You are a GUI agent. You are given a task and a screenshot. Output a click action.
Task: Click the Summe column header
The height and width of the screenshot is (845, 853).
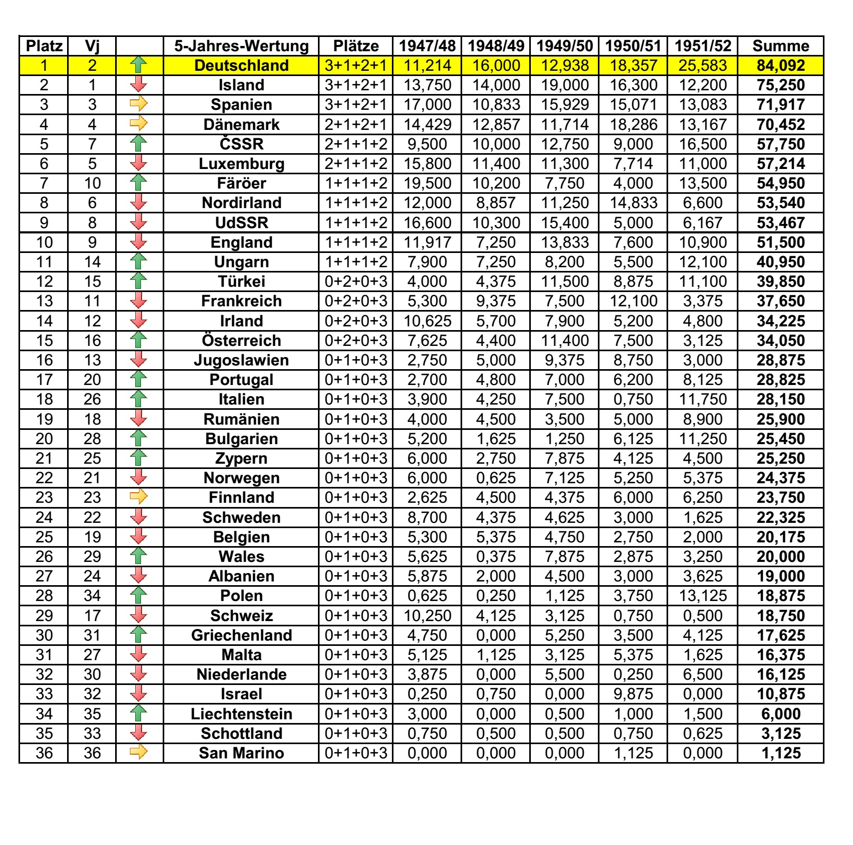(780, 46)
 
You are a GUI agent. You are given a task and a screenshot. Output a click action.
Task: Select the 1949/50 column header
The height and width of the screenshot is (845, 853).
(564, 46)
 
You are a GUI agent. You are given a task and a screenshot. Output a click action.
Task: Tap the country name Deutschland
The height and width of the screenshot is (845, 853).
(241, 65)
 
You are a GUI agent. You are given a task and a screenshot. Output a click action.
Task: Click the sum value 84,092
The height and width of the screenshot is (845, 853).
(780, 65)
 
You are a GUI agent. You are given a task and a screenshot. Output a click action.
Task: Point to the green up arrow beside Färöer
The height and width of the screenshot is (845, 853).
(138, 183)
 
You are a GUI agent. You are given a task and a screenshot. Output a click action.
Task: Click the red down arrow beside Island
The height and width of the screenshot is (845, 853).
(138, 85)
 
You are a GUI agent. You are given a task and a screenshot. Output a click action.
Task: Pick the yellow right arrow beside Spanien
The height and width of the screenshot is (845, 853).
(138, 105)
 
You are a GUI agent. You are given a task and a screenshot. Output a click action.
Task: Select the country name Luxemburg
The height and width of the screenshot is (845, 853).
(241, 164)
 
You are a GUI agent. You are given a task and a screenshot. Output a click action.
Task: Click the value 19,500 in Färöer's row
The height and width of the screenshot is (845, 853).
(427, 183)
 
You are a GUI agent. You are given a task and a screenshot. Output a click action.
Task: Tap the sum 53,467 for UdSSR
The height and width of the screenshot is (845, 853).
(780, 223)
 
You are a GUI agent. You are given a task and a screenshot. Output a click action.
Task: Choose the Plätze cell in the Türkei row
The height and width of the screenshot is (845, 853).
(355, 281)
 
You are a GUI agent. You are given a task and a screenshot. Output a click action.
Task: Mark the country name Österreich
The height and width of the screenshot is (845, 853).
(241, 341)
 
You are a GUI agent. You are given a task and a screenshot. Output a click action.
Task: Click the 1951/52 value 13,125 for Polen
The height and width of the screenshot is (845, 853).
(702, 596)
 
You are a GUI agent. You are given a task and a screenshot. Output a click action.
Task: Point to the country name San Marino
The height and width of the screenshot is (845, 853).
(241, 753)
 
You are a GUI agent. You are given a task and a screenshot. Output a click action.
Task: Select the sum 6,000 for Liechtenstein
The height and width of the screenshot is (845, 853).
(780, 714)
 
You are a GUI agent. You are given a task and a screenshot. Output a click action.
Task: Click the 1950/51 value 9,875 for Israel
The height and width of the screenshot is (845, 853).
(633, 694)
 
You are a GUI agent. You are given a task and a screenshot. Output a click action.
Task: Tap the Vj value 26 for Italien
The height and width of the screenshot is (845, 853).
(92, 399)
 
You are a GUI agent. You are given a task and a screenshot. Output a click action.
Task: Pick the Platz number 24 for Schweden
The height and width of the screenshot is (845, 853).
(44, 518)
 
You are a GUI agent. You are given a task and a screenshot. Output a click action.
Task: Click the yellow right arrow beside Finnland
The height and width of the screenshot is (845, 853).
(138, 497)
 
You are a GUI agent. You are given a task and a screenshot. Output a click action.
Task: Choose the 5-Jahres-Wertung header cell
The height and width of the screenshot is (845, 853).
(241, 46)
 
